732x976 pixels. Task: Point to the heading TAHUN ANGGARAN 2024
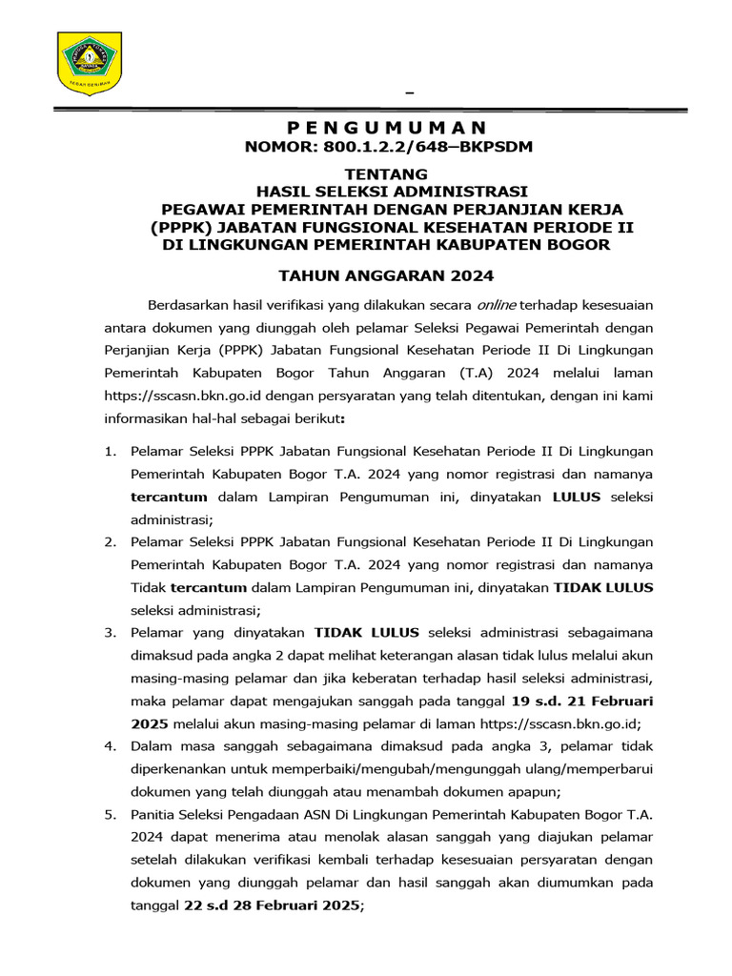(385, 276)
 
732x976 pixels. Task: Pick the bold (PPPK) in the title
(181, 227)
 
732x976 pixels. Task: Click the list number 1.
(110, 451)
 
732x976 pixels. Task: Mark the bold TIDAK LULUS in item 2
(604, 587)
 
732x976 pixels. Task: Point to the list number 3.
(110, 632)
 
